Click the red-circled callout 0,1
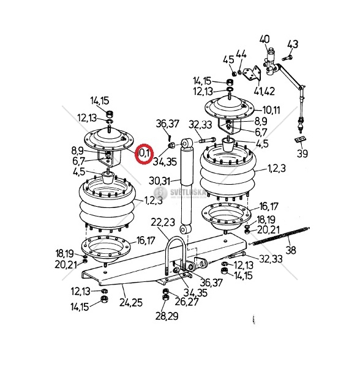[x=144, y=154]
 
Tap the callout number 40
[x=264, y=39]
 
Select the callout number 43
[x=293, y=44]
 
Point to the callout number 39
[x=302, y=154]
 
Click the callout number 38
[x=291, y=250]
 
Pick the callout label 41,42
[x=264, y=91]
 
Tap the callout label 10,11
[x=271, y=109]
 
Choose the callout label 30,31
[x=159, y=181]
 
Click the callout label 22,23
[x=163, y=222]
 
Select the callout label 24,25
[x=131, y=302]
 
